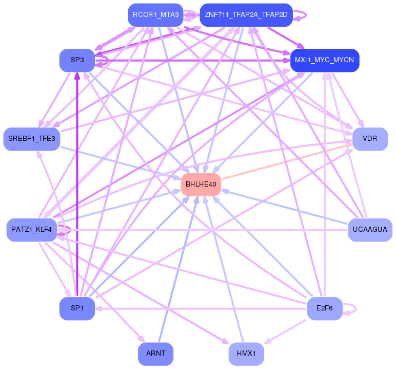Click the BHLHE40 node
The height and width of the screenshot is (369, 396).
coord(201,184)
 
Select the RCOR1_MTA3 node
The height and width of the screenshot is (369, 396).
coord(155,15)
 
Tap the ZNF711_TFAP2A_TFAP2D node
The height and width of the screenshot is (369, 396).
coord(246,15)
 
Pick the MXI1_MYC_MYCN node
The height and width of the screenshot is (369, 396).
coord(325,60)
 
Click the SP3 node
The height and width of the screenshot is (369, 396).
coord(77,60)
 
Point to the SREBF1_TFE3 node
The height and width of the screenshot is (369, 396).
coord(32,139)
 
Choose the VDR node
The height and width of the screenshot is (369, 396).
coord(370,139)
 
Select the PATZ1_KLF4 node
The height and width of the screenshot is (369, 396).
coord(32,230)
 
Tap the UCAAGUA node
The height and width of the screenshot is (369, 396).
coord(370,230)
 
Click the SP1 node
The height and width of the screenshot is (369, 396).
coord(77,308)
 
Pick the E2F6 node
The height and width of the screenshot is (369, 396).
coord(325,308)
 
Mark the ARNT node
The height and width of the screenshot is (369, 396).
coord(155,354)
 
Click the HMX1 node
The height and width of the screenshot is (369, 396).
coord(246,354)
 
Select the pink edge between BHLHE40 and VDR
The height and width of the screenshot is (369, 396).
coord(287,161)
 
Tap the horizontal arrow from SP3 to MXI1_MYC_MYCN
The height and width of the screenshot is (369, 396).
coord(192,61)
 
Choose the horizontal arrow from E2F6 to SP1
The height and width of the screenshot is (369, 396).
coord(201,309)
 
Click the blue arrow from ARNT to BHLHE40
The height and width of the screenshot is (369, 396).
coord(179,269)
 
